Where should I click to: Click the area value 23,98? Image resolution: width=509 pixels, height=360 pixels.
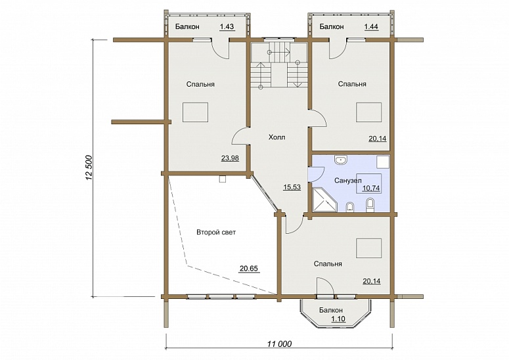(230, 158)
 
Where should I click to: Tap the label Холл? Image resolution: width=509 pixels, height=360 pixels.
(277, 137)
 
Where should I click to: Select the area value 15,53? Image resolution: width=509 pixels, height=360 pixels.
(292, 187)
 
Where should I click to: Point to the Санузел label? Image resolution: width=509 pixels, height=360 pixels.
(348, 181)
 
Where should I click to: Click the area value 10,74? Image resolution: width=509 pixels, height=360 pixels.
(371, 188)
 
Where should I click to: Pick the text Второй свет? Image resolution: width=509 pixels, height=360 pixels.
(216, 233)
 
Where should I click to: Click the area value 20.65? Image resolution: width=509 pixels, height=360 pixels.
(249, 269)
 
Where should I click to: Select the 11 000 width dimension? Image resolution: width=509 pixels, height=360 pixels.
(279, 344)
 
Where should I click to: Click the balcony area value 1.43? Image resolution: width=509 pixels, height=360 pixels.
(227, 27)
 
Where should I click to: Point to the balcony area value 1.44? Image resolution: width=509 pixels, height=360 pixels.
(371, 27)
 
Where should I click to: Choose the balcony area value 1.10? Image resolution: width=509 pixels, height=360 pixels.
(338, 319)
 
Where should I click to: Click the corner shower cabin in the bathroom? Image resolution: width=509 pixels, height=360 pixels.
(325, 200)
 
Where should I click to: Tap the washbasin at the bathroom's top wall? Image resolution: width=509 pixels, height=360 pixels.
(340, 160)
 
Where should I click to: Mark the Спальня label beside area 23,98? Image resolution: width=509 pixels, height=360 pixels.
(200, 84)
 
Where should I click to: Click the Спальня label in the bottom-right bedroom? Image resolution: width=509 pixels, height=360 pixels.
(328, 264)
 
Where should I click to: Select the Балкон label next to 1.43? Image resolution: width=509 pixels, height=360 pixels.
(187, 27)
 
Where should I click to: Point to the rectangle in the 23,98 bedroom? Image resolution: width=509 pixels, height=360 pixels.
(195, 112)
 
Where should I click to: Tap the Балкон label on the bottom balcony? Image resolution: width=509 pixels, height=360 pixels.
(330, 310)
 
